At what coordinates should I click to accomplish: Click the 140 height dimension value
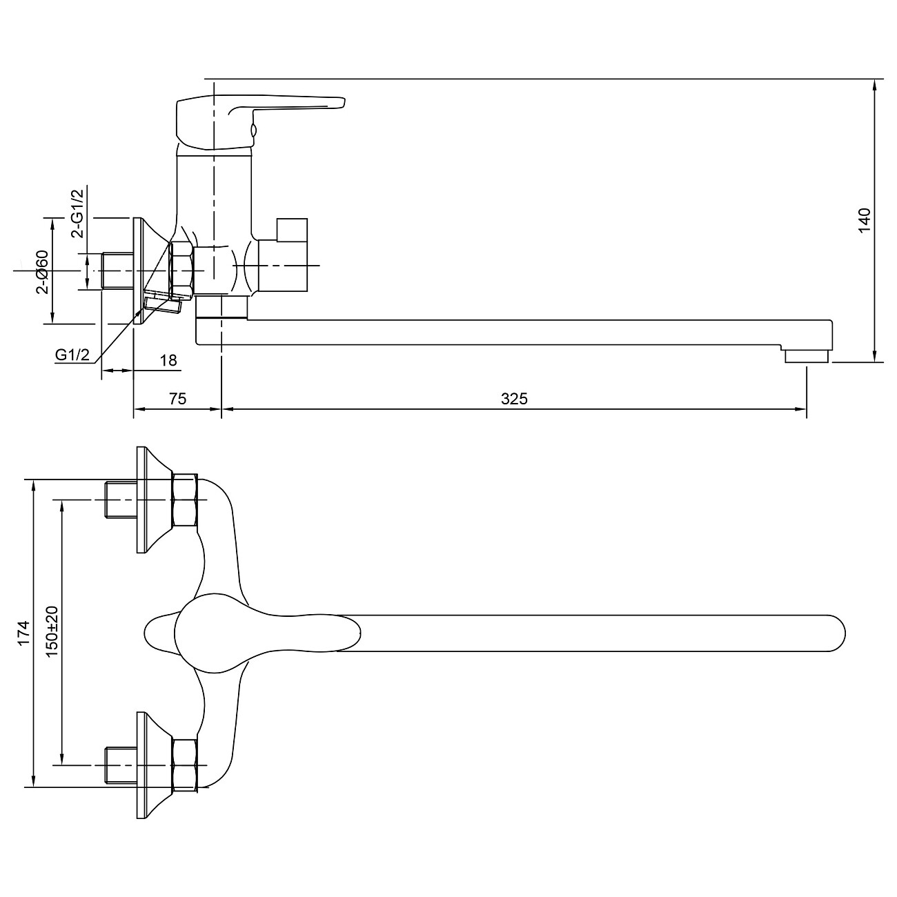pos(865,220)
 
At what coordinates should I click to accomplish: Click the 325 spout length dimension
pos(514,399)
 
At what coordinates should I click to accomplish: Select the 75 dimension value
pos(178,399)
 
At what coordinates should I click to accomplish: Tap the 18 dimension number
pos(168,360)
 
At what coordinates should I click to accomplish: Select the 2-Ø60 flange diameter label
pos(42,272)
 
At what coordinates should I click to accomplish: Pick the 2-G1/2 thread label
pos(77,214)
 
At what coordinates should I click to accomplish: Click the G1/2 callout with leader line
pos(72,355)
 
